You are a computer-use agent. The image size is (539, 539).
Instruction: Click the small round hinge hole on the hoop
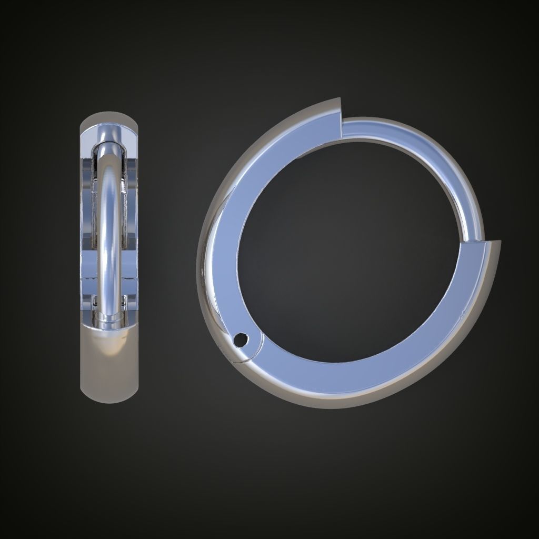coord(241,340)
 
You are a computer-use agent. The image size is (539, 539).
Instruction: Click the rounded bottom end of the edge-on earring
coord(109,390)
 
